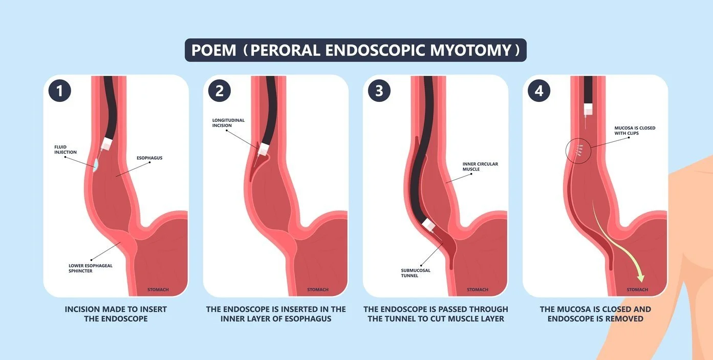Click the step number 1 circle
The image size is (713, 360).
[x=60, y=91]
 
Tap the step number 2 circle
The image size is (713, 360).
[x=220, y=91]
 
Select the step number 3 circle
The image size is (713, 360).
[x=379, y=91]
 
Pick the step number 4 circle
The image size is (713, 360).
[x=539, y=91]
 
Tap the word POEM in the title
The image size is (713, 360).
[x=213, y=50]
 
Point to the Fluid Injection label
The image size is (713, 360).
[x=66, y=150]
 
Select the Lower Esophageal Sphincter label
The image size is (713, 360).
[x=91, y=268]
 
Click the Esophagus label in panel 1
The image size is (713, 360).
[x=150, y=158]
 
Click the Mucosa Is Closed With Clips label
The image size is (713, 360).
[x=635, y=131]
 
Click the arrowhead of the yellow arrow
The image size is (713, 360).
[x=639, y=278]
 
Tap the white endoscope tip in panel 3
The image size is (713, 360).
[x=429, y=225]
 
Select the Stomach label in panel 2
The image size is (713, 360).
[x=318, y=290]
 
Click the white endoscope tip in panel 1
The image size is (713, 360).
[x=106, y=144]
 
